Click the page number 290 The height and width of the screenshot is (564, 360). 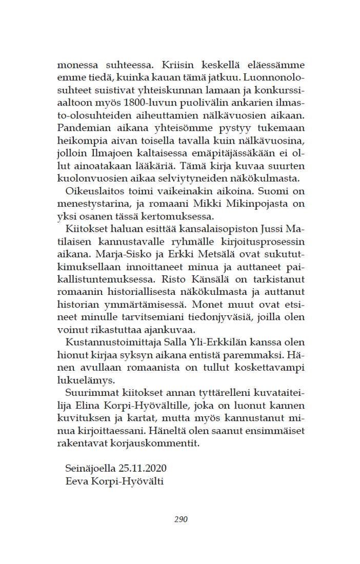181,519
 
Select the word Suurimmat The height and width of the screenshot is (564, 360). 90,392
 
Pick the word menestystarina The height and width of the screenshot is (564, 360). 92,204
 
